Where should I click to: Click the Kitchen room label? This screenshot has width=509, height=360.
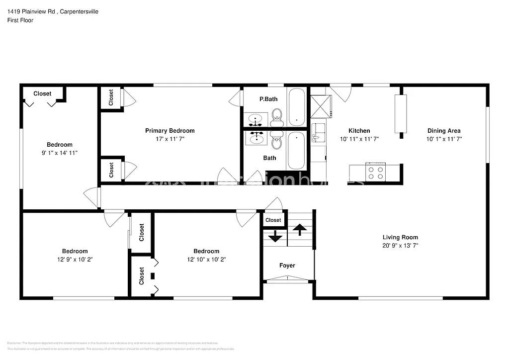[359, 131]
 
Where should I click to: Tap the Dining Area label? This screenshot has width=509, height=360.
[444, 131]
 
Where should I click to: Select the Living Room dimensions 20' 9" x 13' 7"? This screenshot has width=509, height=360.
[400, 246]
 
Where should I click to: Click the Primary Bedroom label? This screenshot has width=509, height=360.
[170, 131]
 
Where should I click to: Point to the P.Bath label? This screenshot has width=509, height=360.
[268, 99]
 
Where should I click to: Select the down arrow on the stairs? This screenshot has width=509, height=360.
[275, 237]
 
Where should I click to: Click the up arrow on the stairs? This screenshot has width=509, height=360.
[300, 229]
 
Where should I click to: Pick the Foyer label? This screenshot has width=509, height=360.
[287, 266]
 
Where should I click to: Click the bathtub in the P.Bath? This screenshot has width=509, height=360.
[297, 106]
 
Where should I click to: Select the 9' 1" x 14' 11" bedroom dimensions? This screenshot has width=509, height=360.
[60, 153]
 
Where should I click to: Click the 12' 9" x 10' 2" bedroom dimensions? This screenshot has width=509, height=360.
[75, 260]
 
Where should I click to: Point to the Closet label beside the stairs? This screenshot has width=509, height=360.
[273, 220]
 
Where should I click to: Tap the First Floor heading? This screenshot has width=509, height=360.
[20, 20]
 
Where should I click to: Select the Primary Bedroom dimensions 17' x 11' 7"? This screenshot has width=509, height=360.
[170, 139]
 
